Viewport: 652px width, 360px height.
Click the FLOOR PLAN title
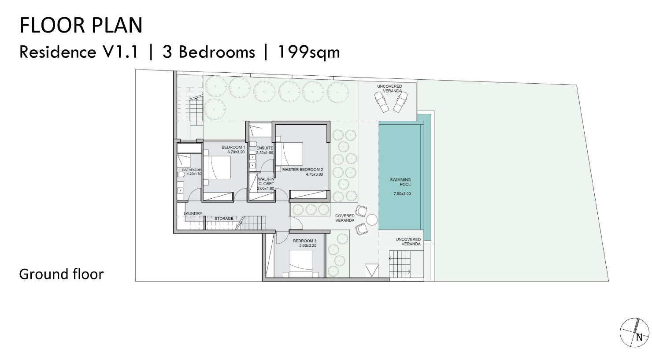[x=81, y=25]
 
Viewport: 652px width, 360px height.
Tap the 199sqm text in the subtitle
[x=309, y=52]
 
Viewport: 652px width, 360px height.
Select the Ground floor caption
[x=61, y=274]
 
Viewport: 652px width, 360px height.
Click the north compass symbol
[x=634, y=333]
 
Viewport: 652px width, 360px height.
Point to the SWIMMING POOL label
[x=400, y=182]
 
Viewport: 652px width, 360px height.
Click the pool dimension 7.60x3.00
[x=402, y=193]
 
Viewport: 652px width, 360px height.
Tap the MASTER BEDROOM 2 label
[x=303, y=169]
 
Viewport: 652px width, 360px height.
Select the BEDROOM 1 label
[x=233, y=147]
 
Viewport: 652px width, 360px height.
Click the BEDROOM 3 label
[x=304, y=241]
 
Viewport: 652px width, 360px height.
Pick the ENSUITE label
[x=265, y=148]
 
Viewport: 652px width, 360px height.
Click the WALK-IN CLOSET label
[x=266, y=181]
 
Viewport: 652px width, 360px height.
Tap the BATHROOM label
[x=192, y=170]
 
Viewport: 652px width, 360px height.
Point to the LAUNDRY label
[x=193, y=213]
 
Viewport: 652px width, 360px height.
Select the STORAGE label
[x=224, y=218]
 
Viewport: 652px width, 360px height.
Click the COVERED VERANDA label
[x=345, y=218]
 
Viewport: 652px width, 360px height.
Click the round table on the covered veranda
[x=372, y=220]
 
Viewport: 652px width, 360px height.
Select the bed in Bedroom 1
[x=217, y=167]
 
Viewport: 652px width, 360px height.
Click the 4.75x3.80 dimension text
[x=315, y=174]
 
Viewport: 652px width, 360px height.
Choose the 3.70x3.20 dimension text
[x=236, y=152]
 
